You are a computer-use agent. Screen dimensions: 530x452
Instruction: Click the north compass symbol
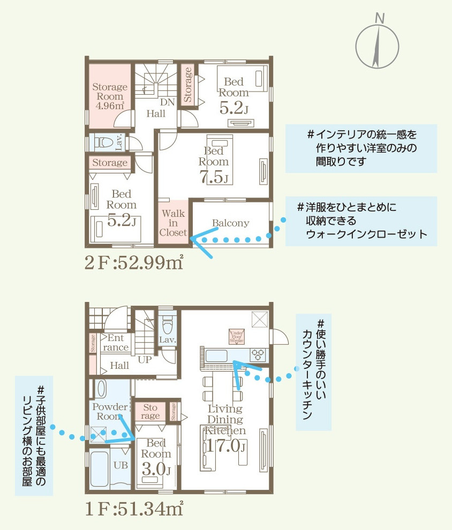[x=379, y=47]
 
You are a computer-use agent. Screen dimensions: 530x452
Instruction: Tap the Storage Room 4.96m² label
[x=110, y=95]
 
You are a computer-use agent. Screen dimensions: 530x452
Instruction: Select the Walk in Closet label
[x=174, y=223]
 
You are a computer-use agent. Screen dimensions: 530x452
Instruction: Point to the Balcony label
[x=230, y=223]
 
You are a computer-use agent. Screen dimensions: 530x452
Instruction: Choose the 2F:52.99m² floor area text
[x=134, y=263]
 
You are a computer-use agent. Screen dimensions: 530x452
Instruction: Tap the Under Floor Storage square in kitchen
[x=236, y=336]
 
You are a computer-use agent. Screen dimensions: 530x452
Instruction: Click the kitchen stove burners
[x=259, y=354]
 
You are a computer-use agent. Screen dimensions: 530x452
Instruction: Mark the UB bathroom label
[x=120, y=465]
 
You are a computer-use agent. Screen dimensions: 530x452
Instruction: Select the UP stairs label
[x=145, y=360]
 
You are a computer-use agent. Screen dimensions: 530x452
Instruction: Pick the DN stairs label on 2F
[x=165, y=102]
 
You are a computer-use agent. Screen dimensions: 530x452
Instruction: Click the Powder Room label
[x=110, y=411]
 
